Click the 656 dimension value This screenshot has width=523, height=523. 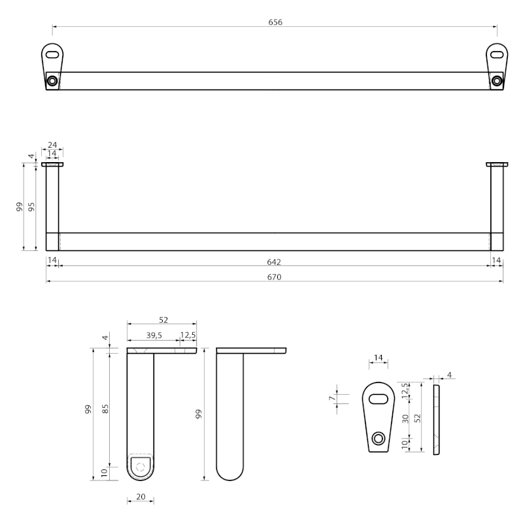point(275,22)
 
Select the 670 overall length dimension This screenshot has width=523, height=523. point(274,277)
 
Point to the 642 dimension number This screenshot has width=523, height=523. point(274,261)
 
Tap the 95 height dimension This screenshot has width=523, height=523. point(31,207)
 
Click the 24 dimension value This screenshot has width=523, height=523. point(52,145)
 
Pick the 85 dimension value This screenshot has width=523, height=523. point(105,409)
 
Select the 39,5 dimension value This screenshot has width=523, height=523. point(155,336)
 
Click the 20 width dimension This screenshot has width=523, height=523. point(141,497)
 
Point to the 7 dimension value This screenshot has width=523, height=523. point(331,397)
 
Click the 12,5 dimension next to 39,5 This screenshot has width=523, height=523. point(188,336)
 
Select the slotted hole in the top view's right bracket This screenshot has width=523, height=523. point(497,53)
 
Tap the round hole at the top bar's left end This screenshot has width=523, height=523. point(52,81)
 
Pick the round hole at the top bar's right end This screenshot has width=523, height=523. point(498,81)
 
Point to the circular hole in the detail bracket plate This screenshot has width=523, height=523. point(378,438)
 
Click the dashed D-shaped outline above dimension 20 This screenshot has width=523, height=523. point(140,465)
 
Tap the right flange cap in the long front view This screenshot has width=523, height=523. point(497,164)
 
